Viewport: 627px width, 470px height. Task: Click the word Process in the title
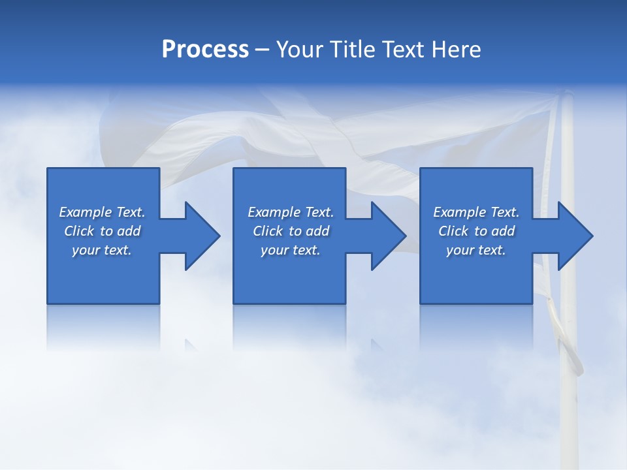click(x=205, y=50)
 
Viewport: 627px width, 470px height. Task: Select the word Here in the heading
click(x=456, y=50)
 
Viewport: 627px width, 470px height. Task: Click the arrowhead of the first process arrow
click(x=202, y=236)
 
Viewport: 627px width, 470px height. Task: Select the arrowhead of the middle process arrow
click(x=389, y=236)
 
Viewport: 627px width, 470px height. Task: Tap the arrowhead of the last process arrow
click(x=575, y=236)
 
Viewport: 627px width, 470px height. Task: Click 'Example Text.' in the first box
click(x=102, y=212)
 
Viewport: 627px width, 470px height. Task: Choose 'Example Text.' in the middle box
click(x=291, y=212)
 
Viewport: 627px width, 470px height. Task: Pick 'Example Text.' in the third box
click(x=476, y=212)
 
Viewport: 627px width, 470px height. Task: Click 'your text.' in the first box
click(x=102, y=250)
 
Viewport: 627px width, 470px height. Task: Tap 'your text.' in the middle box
click(x=291, y=250)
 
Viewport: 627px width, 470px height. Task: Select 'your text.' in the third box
click(x=476, y=250)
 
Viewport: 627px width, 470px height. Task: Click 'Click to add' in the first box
click(x=102, y=231)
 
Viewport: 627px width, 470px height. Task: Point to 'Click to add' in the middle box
click(x=291, y=231)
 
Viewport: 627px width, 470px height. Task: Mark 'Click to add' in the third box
click(x=476, y=231)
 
